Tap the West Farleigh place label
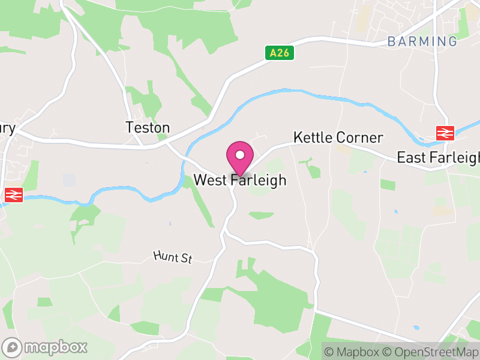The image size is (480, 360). click(x=240, y=180)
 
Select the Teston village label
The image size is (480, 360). click(x=148, y=127)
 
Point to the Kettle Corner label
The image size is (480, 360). click(x=338, y=137)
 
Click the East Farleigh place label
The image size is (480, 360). click(x=438, y=158)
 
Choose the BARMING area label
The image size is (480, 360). click(x=422, y=41)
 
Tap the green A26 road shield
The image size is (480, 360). click(x=280, y=53)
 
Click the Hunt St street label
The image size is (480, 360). click(x=172, y=257)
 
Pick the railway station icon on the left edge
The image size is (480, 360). click(x=13, y=194)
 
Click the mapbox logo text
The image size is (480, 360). click(x=56, y=347)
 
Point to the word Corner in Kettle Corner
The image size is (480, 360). click(x=359, y=137)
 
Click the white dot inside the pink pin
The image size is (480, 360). click(x=239, y=155)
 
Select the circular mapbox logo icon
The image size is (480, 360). click(x=13, y=347)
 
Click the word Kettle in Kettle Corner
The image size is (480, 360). click(x=313, y=137)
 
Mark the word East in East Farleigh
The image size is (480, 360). click(x=410, y=158)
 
